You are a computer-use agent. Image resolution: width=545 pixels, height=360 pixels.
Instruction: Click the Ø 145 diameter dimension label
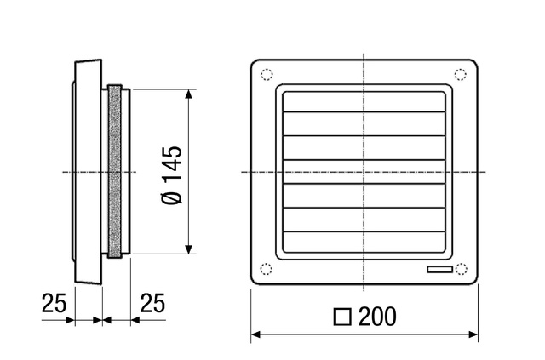172,175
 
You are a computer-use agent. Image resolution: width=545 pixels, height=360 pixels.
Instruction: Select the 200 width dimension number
377,317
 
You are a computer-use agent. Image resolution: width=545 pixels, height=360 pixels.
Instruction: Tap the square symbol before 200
342,317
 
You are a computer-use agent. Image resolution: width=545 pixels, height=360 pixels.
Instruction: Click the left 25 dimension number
54,303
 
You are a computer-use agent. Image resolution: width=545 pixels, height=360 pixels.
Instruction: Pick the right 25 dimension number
152,303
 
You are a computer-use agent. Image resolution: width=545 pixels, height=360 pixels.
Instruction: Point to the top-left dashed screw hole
267,75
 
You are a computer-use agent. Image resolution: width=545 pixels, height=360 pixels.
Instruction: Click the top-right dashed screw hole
461,75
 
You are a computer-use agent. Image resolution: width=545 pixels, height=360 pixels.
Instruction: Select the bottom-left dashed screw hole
267,269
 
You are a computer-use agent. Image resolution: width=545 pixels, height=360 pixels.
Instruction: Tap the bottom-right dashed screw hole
462,269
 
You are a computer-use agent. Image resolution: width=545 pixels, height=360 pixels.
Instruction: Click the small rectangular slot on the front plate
440,270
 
